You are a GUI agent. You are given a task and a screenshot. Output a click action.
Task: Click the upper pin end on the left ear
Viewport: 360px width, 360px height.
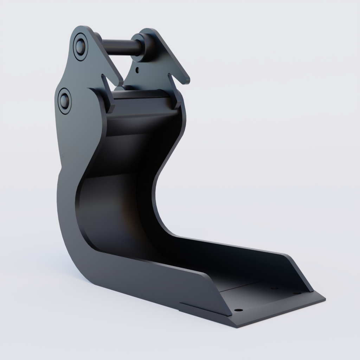tap(81, 46)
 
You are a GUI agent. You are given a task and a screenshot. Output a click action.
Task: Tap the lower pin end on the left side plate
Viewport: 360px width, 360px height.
tap(65, 100)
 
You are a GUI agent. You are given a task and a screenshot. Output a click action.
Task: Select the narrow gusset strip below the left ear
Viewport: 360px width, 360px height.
tap(107, 93)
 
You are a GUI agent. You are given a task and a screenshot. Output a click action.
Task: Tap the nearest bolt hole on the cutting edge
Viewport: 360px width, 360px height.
tap(238, 310)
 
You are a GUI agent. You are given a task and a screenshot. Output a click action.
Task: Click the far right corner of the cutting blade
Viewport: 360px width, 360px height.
tap(324, 300)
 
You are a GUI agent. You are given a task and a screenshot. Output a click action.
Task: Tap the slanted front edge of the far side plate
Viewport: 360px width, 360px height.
tap(301, 272)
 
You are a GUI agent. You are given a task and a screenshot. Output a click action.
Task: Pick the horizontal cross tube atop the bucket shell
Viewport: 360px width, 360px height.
tap(141, 95)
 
